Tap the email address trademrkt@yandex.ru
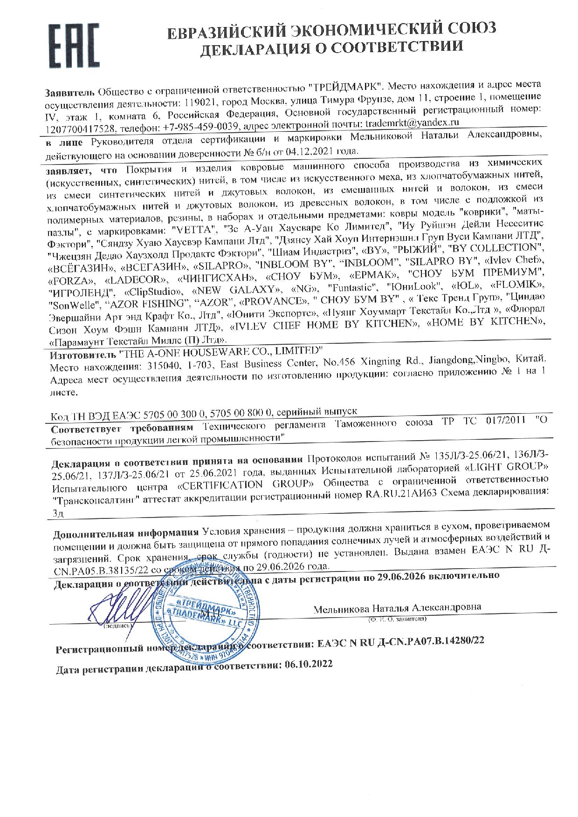tap(413, 123)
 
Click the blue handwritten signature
tap(116, 605)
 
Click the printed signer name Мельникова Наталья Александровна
tap(397, 608)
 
